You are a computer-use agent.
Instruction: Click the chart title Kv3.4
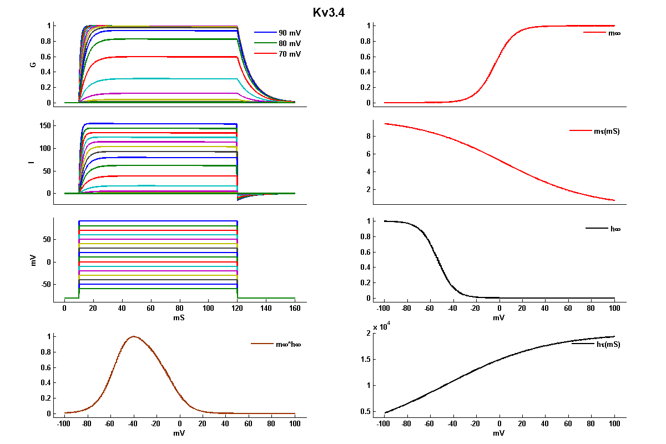[329, 12]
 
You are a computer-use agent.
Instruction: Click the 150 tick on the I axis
[46, 126]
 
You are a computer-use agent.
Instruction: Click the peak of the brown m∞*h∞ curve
[133, 336]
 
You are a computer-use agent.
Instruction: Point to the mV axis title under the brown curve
[179, 432]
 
